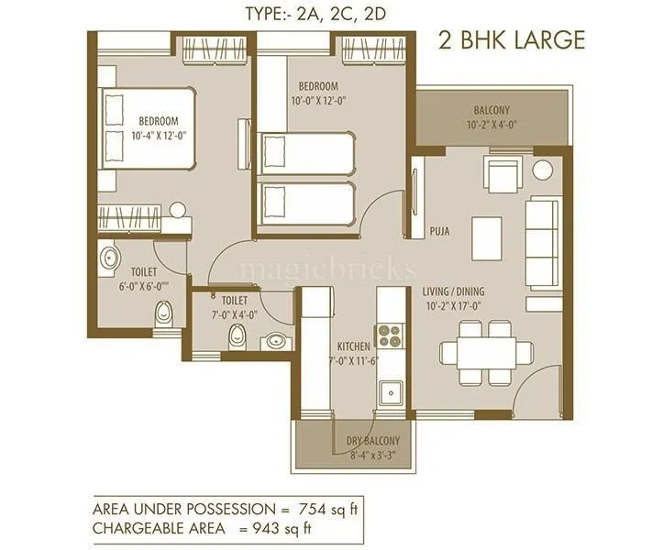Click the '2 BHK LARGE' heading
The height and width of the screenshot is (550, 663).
[510, 39]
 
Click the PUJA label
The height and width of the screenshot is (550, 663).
[439, 232]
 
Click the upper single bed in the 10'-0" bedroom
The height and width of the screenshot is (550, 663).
[306, 152]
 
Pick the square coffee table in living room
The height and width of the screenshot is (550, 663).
[488, 236]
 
